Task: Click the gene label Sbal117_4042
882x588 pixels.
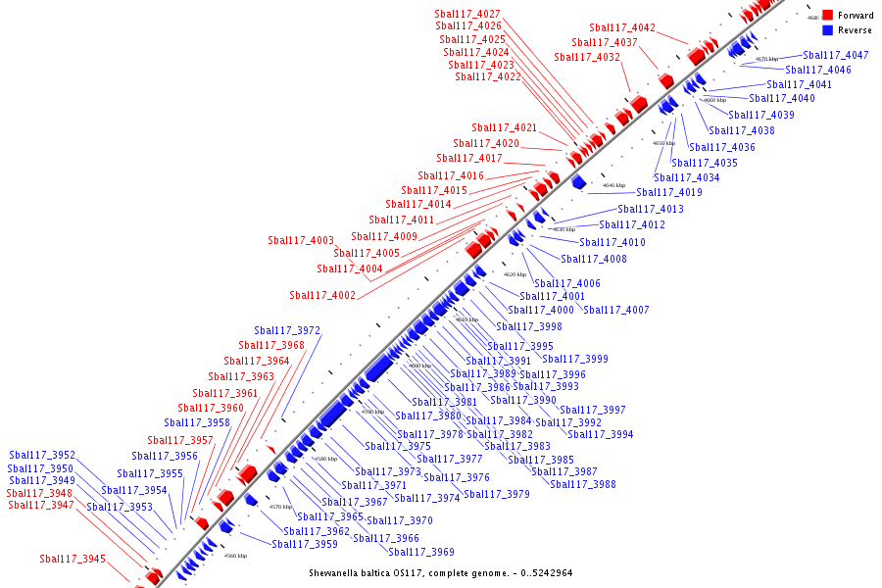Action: [622, 27]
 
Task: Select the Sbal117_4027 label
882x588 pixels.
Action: [467, 14]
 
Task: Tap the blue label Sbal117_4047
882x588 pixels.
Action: [835, 56]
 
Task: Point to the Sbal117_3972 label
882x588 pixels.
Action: [287, 331]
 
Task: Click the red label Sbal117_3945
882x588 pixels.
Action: [73, 560]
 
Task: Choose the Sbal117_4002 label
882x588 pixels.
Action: [322, 296]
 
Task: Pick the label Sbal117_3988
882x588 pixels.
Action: [583, 485]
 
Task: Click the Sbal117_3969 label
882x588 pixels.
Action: [421, 553]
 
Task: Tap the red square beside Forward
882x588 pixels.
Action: [827, 16]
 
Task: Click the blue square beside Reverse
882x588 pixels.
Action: [827, 30]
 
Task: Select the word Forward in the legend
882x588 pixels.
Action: [856, 16]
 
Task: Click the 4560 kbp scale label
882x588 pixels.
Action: [235, 556]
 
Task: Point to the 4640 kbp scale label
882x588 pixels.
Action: [613, 185]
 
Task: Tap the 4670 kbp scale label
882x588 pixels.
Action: [766, 59]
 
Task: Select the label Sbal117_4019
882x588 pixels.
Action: [669, 193]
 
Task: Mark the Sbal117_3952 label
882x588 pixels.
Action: [42, 456]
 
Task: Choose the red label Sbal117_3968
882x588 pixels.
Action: [271, 346]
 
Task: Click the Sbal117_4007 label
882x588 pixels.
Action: [616, 311]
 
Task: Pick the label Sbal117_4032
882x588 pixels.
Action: [587, 58]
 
